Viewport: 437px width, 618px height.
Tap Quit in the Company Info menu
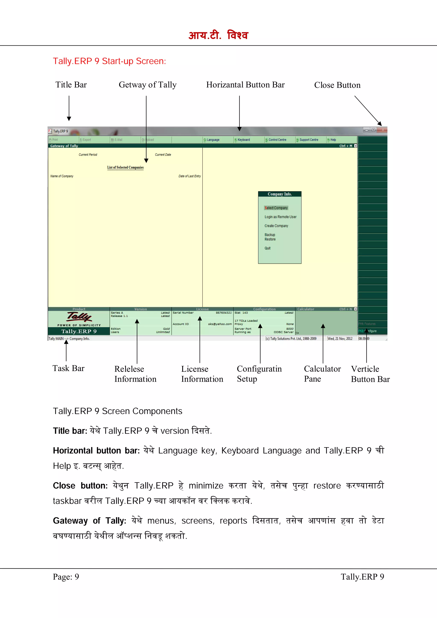click(267, 248)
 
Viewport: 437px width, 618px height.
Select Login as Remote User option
click(280, 217)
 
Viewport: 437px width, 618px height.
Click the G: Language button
click(212, 140)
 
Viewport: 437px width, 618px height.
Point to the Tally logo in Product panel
click(79, 317)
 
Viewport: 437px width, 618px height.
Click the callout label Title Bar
click(71, 85)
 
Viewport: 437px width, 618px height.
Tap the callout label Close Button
click(337, 85)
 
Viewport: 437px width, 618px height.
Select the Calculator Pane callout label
click(322, 374)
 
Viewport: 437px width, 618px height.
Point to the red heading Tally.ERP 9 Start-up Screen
click(109, 61)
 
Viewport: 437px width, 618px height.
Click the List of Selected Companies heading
click(125, 167)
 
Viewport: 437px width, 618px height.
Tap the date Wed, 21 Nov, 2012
click(340, 339)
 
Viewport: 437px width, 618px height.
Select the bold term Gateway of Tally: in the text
click(89, 521)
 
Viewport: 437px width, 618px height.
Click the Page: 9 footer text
click(66, 577)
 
